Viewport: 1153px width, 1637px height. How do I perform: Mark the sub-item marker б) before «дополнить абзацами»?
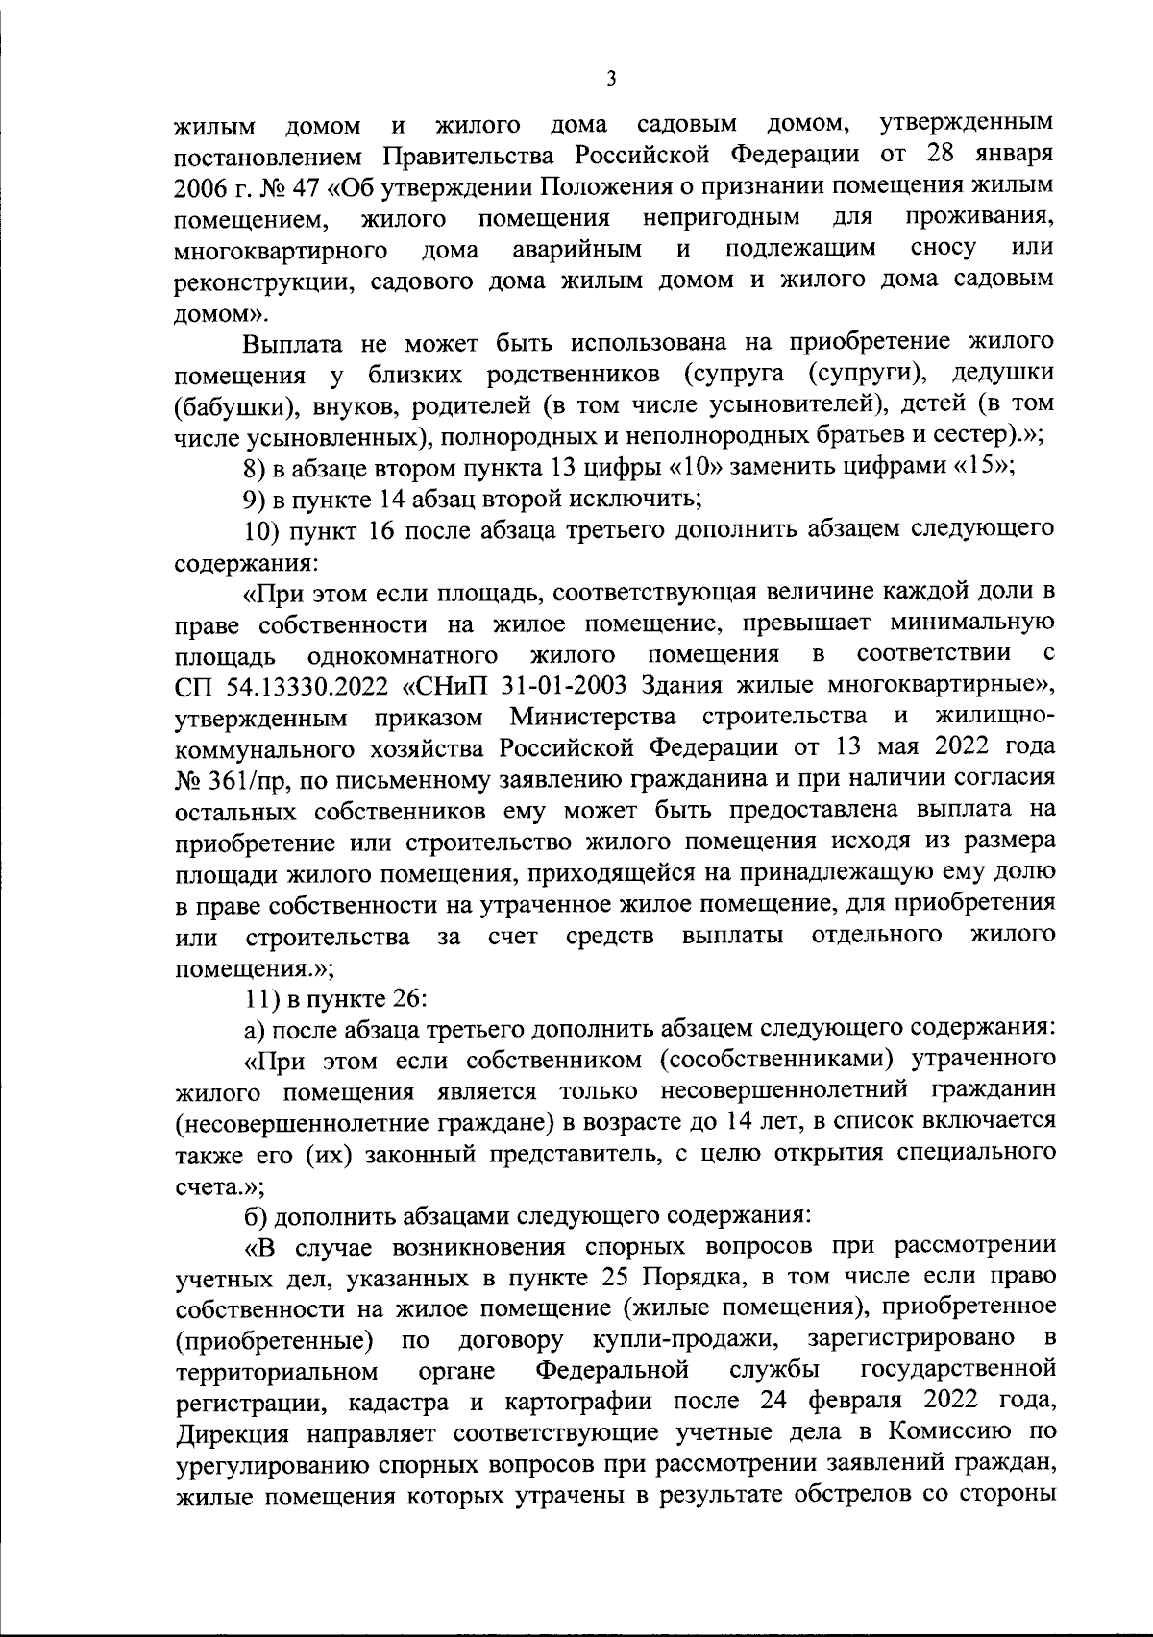(255, 1214)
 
